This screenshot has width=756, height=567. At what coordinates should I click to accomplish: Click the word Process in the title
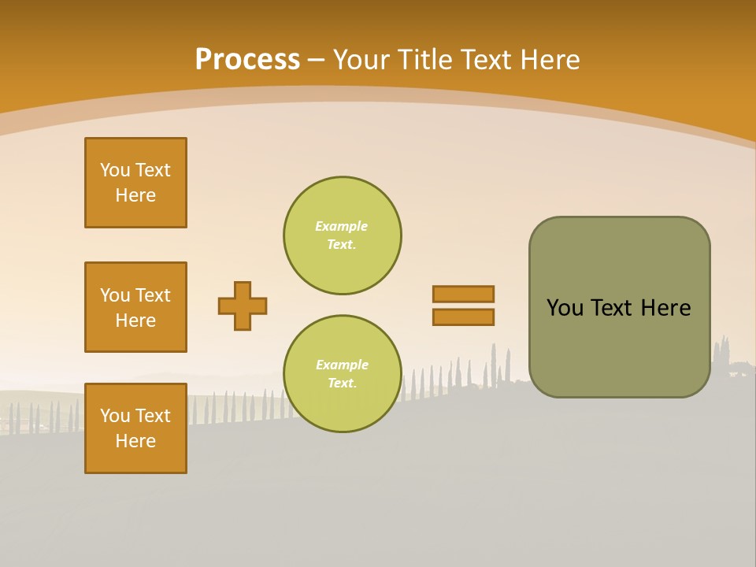point(247,60)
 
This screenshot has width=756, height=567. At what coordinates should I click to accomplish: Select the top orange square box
point(135,183)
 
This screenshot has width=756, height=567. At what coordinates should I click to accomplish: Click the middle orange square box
point(135,307)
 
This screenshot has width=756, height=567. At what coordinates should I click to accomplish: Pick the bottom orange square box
point(135,428)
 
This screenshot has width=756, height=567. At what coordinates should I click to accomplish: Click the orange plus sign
point(243,306)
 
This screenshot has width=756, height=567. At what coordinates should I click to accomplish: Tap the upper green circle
point(343,235)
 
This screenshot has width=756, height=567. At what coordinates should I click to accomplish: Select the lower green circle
point(343,374)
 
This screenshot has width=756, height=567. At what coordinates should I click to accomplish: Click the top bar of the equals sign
point(463,295)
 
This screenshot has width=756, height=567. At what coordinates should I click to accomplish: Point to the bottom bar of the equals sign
point(463,317)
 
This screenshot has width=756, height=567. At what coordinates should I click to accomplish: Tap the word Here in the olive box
point(665,308)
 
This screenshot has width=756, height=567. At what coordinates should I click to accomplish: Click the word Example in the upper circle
point(342,226)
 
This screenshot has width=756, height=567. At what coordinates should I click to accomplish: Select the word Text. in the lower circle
point(342,384)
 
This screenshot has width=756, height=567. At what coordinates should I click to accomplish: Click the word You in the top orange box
point(115,170)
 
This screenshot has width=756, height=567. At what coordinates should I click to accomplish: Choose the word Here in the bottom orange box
point(135,441)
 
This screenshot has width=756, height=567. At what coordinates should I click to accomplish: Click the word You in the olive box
point(565,308)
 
